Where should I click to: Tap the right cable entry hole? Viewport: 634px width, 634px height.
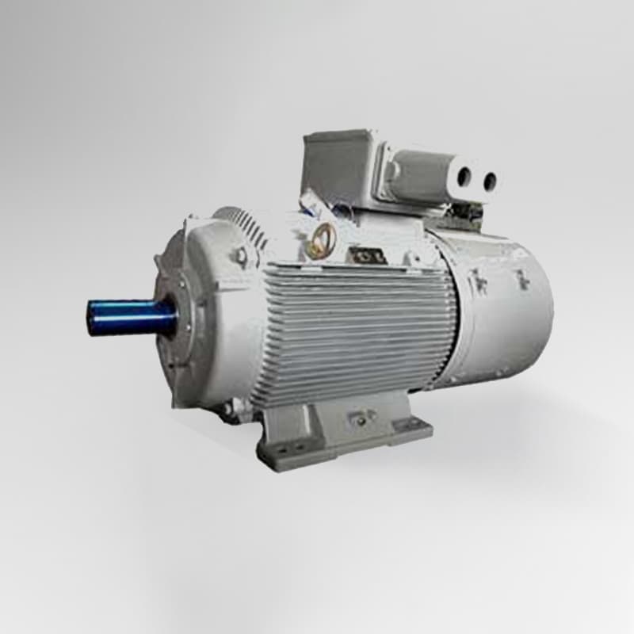coord(489,181)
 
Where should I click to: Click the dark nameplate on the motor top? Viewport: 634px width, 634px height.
coord(367,255)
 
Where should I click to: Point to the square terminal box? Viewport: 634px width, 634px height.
coord(338,168)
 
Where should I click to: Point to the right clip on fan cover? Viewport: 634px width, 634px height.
coord(522,278)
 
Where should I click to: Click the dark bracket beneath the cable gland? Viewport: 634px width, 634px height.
coord(468,212)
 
